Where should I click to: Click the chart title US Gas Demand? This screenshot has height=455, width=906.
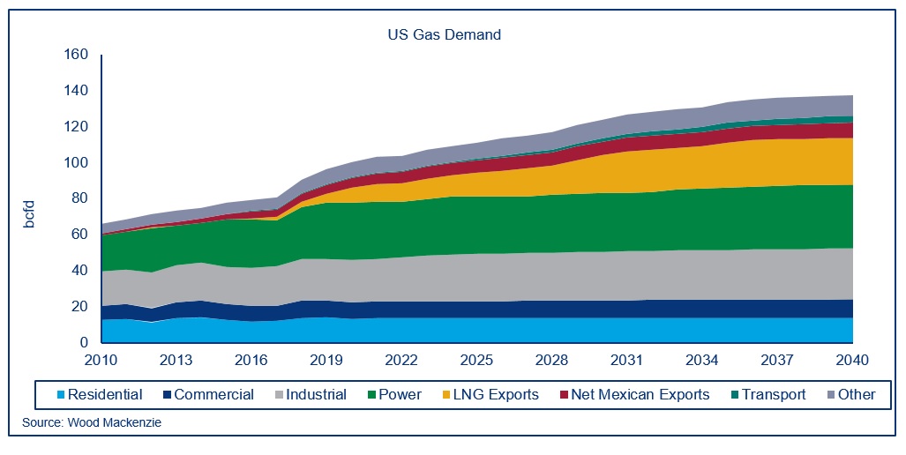445,35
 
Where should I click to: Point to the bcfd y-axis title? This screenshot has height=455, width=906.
28,215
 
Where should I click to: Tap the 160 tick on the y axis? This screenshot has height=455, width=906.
78,55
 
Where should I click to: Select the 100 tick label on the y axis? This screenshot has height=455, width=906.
78,163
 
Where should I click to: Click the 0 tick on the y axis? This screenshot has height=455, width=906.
86,343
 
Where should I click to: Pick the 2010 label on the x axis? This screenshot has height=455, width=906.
101,361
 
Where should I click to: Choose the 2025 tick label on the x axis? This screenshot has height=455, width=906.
477,361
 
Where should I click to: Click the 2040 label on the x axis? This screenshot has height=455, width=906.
852,361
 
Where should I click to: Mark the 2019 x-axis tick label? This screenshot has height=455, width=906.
327,361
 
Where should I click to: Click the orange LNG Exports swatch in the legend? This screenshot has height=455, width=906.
446,395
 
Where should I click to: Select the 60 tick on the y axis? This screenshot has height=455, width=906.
81,235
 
